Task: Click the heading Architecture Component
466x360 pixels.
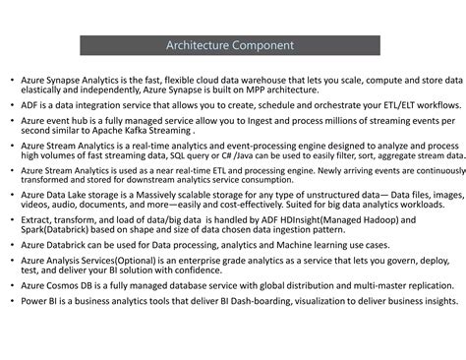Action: coord(231,45)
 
